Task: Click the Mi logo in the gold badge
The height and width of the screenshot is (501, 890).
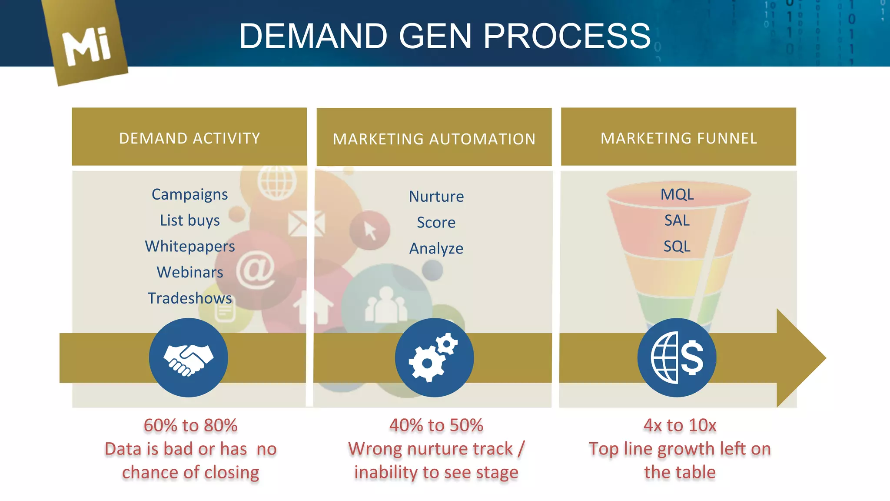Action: pos(86,46)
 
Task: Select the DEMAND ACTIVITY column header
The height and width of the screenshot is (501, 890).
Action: pos(189,138)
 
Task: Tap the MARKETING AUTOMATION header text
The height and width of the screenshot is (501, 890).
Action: pos(434,139)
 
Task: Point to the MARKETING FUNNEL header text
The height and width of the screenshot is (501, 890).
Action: pos(679,138)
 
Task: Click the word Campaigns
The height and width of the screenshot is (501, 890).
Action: pos(189,194)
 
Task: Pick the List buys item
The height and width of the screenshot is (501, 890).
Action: pos(189,220)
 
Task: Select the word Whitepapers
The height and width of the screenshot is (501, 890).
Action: pos(190,246)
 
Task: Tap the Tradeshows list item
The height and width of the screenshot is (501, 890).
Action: pos(189,298)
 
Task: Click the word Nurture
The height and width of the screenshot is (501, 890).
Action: pos(436,197)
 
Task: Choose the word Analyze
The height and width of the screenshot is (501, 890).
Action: pos(436,249)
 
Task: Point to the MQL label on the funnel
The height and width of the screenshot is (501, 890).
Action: pos(677,194)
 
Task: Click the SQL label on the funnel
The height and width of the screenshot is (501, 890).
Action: pos(677,247)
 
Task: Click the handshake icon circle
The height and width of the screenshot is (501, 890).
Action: pos(188,357)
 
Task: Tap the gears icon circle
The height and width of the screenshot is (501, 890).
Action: pos(434,357)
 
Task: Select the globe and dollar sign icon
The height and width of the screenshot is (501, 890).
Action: pos(677,357)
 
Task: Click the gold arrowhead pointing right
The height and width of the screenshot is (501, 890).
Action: pos(800,358)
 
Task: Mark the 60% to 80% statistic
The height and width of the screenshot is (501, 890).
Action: pos(190,425)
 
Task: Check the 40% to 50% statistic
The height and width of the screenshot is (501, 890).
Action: pos(436,425)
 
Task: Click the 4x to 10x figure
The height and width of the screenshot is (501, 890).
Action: pos(680,425)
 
